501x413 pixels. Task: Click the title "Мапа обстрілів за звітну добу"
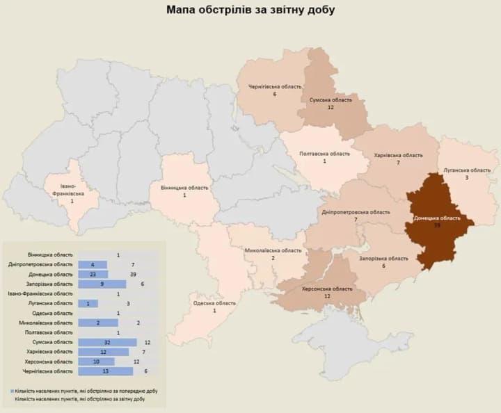tap(250, 10)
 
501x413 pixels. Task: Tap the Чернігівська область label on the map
tap(276, 87)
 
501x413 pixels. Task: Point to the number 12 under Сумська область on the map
tap(331, 108)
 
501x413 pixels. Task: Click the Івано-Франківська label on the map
tap(72, 191)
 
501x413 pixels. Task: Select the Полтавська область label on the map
tap(325, 154)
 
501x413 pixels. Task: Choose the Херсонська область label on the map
tap(327, 289)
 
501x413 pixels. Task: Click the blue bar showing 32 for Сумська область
tap(106, 342)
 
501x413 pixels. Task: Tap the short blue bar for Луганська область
tap(88, 303)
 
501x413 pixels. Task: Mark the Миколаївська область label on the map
tap(273, 250)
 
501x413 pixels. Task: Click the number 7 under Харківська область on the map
tap(397, 163)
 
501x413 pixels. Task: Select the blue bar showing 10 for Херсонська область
tap(94, 362)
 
